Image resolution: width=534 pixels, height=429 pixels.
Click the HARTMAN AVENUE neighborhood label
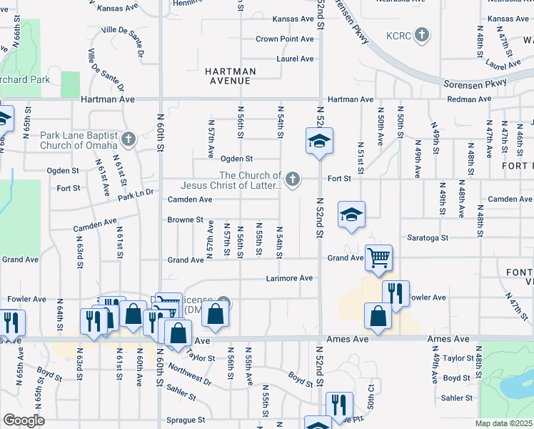229,76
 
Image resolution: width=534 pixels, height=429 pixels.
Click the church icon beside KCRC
422,34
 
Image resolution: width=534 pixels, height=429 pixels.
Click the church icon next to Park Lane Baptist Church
129,139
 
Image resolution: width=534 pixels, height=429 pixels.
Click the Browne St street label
185,220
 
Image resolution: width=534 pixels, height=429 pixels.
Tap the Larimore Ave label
289,278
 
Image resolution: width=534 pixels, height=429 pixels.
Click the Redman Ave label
467,99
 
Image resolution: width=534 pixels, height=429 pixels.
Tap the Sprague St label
185,420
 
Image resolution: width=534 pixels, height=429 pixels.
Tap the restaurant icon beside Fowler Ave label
396,293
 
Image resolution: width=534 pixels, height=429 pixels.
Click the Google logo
24,420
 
